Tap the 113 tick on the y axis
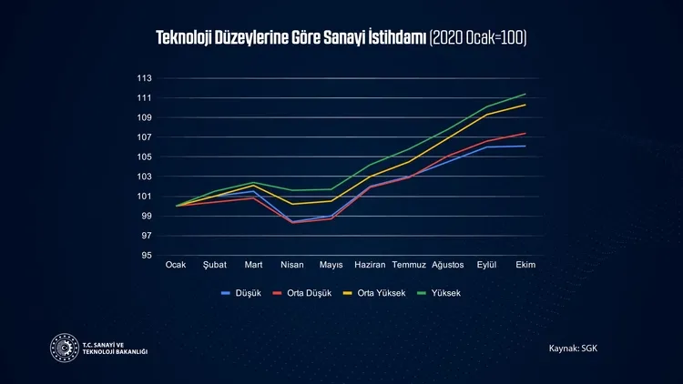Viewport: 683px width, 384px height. [x=145, y=78]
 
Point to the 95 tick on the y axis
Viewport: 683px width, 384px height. [x=148, y=256]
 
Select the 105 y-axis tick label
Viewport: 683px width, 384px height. [x=145, y=157]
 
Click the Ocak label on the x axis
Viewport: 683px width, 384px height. [x=176, y=265]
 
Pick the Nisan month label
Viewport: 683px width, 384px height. [x=292, y=265]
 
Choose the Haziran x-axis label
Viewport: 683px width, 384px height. [x=370, y=265]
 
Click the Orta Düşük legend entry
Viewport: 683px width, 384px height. [x=304, y=293]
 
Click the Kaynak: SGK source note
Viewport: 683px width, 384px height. [x=573, y=349]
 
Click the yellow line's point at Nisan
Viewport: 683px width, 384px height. [x=292, y=204]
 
